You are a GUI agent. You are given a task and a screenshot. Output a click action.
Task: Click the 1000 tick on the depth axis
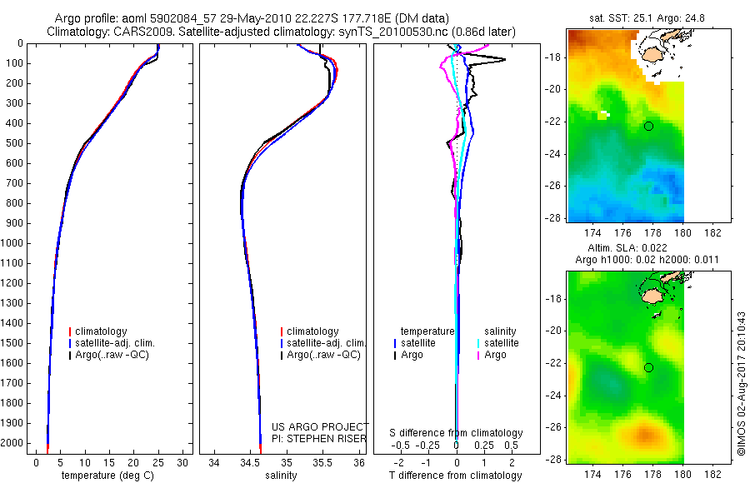coord(14,243)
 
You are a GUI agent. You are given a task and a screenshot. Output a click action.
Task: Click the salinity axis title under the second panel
coord(279,476)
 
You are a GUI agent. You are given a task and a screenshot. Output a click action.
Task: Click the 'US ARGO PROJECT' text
coord(320,426)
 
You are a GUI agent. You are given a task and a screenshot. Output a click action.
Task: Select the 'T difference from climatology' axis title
coord(456,476)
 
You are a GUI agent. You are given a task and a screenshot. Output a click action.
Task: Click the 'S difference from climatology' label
coord(456,433)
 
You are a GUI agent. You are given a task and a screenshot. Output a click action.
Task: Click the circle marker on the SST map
coord(648,126)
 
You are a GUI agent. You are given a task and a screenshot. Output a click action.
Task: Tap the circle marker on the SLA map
coord(648,367)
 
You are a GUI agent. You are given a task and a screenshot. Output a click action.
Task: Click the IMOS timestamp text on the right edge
coord(739,383)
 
